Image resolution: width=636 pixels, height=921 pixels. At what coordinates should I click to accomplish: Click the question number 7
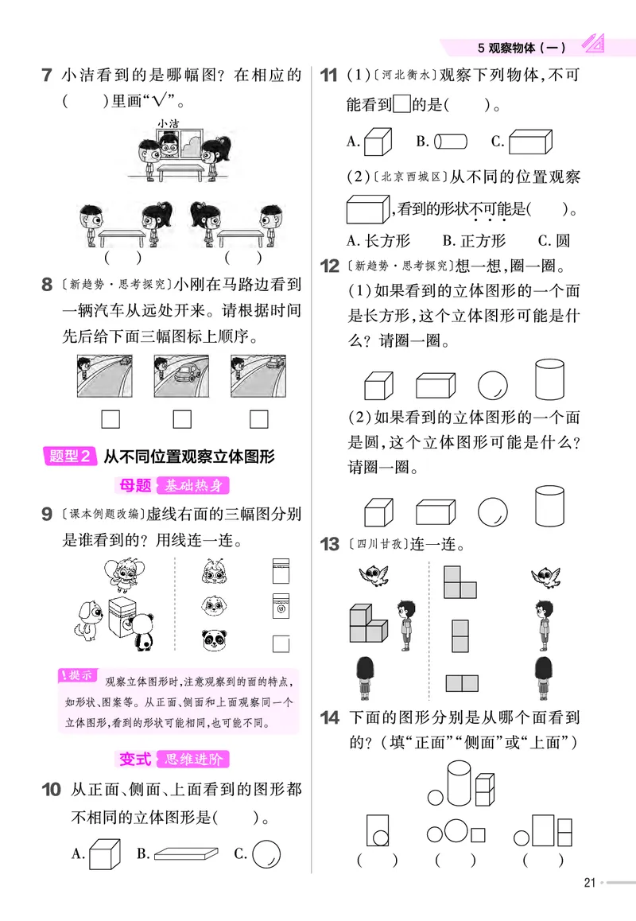point(47,76)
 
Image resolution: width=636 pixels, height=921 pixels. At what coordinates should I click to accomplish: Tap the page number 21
point(590,881)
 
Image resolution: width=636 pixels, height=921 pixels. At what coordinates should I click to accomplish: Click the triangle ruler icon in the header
point(593,45)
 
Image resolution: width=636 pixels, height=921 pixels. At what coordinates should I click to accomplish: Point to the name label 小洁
point(168,123)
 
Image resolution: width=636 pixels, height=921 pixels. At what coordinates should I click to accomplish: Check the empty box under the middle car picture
point(182,418)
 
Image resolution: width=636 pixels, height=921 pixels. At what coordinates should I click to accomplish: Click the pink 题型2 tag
point(71,457)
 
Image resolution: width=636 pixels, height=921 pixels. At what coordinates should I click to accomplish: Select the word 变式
point(135,759)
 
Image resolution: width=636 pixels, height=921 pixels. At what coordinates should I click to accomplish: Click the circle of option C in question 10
point(267,853)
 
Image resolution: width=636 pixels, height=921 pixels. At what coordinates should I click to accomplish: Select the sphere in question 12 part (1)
point(492,384)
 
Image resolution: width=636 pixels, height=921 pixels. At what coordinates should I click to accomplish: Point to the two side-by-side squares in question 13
point(461,682)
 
